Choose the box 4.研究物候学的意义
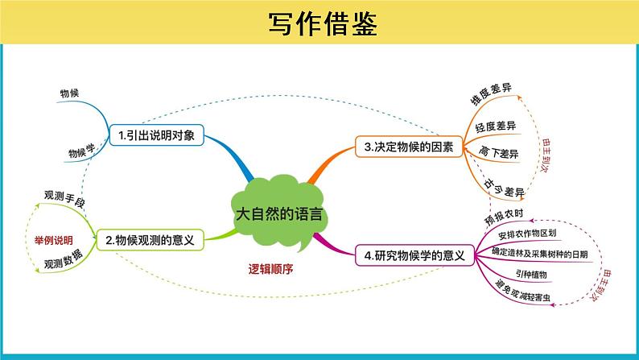point(414,256)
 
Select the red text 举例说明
point(53,240)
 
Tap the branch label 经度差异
point(496,126)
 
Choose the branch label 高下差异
point(498,155)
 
